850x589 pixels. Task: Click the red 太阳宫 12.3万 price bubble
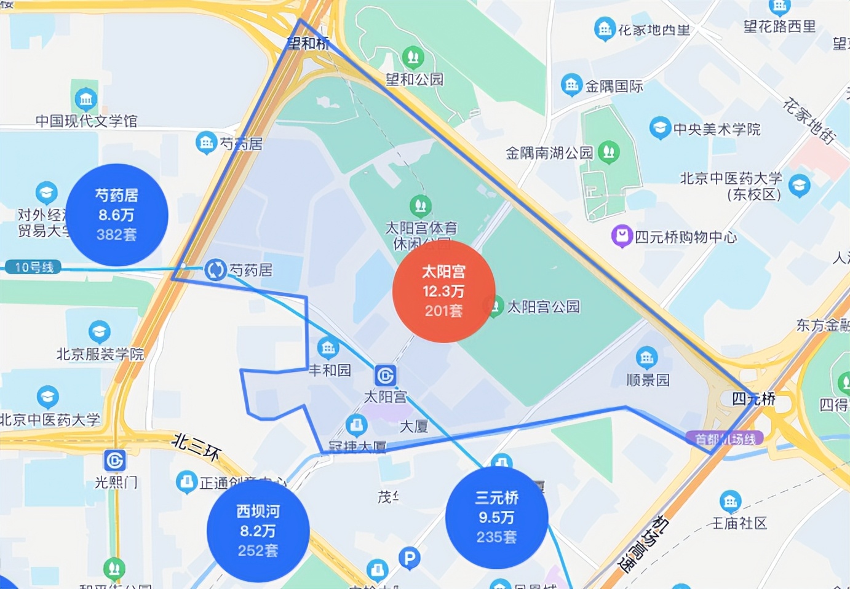(x=443, y=291)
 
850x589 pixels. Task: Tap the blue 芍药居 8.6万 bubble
(x=117, y=215)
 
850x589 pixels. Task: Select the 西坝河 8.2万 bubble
(x=258, y=531)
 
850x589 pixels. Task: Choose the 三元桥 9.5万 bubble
(x=496, y=517)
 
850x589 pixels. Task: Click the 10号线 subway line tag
(x=33, y=267)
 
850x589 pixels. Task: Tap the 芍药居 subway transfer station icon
(x=215, y=269)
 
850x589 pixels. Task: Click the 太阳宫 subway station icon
(x=385, y=375)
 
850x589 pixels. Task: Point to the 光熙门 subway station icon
(x=115, y=460)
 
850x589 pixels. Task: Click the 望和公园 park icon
(x=413, y=58)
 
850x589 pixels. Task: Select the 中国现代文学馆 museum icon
(x=85, y=98)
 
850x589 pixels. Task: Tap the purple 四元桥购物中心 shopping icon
(x=622, y=235)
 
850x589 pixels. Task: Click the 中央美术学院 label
(x=717, y=129)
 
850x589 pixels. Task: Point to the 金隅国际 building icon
(x=571, y=85)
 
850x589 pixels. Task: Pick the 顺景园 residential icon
(x=646, y=357)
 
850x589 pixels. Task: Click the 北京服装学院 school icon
(x=99, y=332)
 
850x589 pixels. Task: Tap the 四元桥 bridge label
(x=753, y=399)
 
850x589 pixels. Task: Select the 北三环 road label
(x=196, y=446)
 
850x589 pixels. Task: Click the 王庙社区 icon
(x=730, y=502)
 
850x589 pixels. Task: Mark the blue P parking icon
(x=409, y=558)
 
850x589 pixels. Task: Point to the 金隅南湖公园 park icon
(x=609, y=151)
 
